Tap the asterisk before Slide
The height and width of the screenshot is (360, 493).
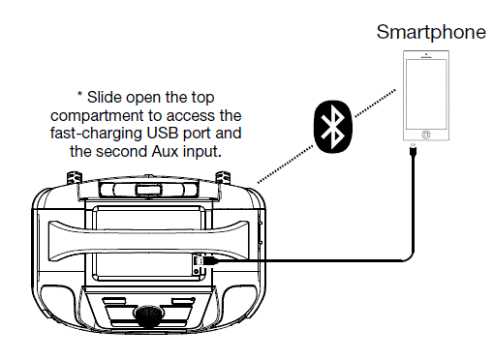click(80, 97)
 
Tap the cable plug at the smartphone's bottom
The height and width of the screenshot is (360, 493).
click(414, 151)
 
